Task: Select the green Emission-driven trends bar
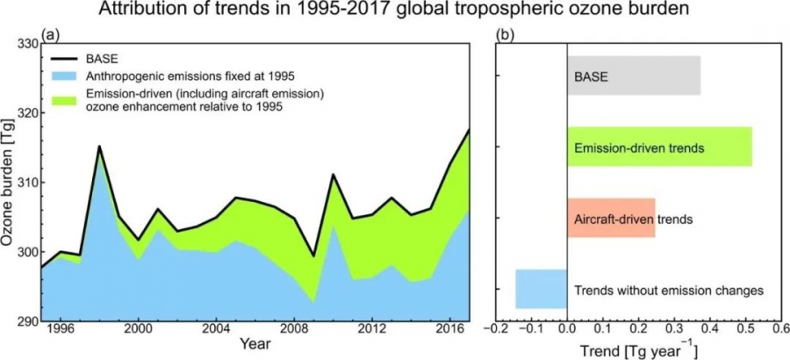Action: click(659, 147)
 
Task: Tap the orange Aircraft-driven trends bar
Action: click(611, 218)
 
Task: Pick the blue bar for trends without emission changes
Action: click(541, 289)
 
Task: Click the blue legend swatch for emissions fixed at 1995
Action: click(63, 76)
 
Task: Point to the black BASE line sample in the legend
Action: click(63, 59)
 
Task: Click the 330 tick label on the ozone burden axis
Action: click(28, 43)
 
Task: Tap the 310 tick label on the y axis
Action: click(28, 182)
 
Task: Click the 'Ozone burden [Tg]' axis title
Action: click(9, 182)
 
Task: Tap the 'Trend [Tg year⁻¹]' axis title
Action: click(639, 349)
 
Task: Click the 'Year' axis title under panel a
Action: click(255, 345)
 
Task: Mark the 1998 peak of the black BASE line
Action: click(99, 147)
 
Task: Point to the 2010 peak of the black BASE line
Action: click(333, 175)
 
